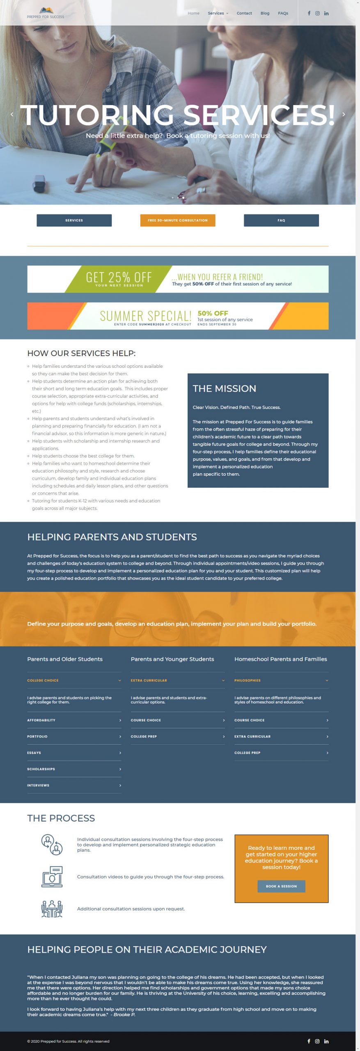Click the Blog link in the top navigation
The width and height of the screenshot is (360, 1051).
tap(265, 13)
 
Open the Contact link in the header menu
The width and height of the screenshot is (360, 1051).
tap(244, 13)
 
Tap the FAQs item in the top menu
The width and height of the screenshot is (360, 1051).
tap(283, 13)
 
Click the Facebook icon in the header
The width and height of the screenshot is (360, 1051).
tap(309, 13)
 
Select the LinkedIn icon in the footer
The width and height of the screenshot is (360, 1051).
tap(326, 1041)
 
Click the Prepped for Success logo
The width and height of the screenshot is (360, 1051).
tap(46, 13)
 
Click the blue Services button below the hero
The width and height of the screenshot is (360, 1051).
tap(74, 220)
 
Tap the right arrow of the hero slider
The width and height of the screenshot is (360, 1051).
tap(344, 115)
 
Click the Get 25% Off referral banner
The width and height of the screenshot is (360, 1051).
tap(178, 279)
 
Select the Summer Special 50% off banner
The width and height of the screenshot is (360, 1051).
tap(178, 316)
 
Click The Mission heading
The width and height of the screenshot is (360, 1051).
tap(225, 388)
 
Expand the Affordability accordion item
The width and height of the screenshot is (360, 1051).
tap(74, 720)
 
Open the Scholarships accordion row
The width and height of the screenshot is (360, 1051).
tap(74, 769)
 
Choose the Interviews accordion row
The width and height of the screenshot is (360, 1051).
tap(74, 785)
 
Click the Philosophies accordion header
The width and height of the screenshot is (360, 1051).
tap(281, 680)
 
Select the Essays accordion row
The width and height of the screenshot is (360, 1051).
tap(74, 753)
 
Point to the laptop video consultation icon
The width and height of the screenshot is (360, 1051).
tap(52, 877)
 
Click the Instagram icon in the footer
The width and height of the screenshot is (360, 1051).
tap(317, 1041)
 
